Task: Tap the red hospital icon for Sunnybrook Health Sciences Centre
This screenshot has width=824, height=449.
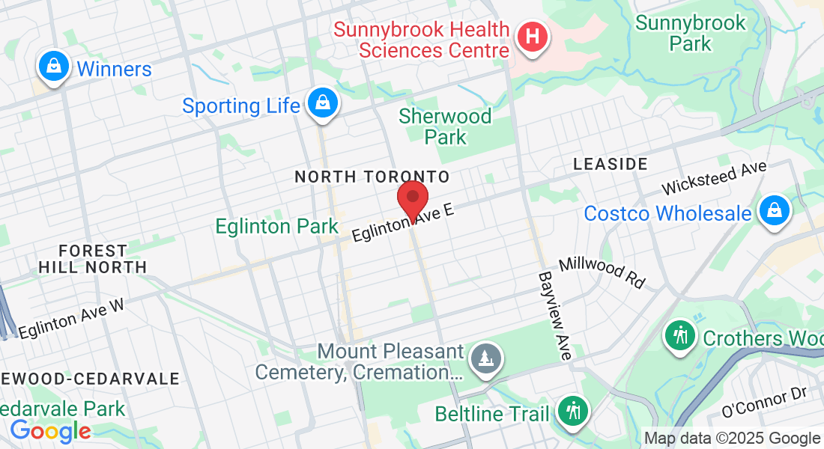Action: (x=532, y=36)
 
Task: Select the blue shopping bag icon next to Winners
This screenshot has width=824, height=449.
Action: (x=55, y=67)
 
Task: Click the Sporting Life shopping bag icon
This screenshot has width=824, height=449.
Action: (x=322, y=104)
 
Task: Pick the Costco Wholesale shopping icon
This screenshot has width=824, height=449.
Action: (x=774, y=211)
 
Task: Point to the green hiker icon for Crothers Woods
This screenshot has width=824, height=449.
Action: (x=680, y=335)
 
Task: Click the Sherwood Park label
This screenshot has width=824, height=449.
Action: (x=445, y=126)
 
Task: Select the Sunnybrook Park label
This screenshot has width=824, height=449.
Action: (x=691, y=33)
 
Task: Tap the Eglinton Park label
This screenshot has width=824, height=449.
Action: (x=277, y=226)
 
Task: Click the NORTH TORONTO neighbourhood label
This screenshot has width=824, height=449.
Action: (x=372, y=177)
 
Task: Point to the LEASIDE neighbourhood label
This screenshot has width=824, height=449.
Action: (x=609, y=163)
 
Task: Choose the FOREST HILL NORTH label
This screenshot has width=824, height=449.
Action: (x=92, y=258)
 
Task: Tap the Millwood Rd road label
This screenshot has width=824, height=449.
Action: (x=602, y=273)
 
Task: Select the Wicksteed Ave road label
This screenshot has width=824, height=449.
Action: (x=715, y=178)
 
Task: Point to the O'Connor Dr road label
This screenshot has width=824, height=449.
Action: (x=765, y=403)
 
